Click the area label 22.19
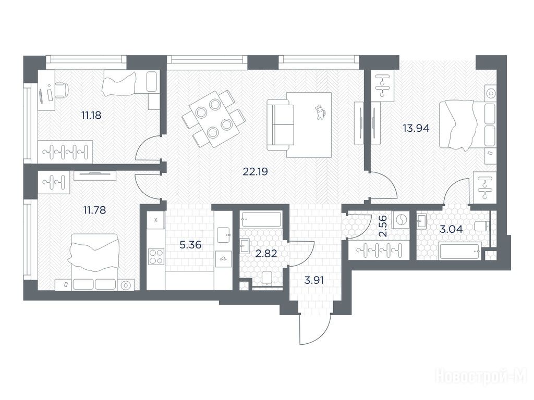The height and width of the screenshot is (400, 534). point(255,172)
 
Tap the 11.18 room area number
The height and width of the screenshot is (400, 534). point(91,115)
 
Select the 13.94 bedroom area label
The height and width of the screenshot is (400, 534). point(416,128)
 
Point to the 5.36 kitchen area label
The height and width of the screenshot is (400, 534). point(190,245)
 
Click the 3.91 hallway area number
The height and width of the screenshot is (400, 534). point(314,281)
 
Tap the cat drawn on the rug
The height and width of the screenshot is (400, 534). point(320,111)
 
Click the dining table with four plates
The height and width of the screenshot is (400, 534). point(213,119)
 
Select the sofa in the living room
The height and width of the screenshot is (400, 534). point(280,124)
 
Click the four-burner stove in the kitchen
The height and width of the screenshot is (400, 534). point(156,256)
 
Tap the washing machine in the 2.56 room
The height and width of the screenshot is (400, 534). point(400,221)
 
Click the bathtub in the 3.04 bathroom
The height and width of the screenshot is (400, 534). point(460,252)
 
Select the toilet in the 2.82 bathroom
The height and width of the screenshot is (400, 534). point(266,279)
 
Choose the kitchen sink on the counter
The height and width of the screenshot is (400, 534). point(223,235)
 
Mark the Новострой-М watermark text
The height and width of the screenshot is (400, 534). point(481,377)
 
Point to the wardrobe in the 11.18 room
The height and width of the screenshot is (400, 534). point(65,149)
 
